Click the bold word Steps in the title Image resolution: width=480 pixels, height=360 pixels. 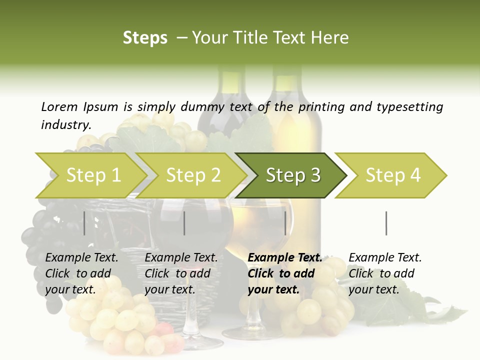145,38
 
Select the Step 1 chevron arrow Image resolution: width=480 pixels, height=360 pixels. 93,175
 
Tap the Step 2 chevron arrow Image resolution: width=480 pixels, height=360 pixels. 193,175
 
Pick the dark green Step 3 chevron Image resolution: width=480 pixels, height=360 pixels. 293,175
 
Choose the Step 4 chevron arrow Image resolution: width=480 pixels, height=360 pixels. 393,175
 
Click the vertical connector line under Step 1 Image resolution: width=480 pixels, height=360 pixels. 84,223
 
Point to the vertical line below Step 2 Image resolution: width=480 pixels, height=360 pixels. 184,223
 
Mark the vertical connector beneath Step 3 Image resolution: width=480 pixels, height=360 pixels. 285,223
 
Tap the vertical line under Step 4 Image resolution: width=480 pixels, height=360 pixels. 386,223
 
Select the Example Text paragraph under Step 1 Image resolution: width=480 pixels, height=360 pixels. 81,273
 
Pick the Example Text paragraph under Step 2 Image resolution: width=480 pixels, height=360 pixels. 181,273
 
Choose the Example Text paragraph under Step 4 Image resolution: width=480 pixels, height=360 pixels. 385,273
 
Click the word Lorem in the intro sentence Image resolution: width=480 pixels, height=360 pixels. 59,106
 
